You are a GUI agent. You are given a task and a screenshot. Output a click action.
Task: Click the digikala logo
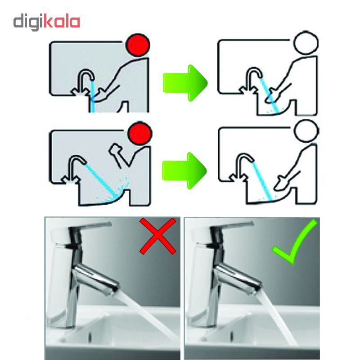(47, 22)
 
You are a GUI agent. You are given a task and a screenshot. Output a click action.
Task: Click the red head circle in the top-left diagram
(138, 45)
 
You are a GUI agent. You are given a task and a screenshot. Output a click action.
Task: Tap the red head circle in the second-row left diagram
(140, 134)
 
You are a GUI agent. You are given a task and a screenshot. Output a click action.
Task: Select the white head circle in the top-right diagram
(306, 43)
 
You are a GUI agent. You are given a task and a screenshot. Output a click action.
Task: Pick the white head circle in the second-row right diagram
(306, 131)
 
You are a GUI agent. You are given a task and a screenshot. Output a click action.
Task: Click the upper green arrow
(185, 83)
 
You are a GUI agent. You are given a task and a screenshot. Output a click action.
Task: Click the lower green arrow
(184, 171)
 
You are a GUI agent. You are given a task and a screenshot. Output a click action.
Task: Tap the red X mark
(158, 236)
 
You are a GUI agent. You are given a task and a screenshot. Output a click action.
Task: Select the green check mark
(295, 242)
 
